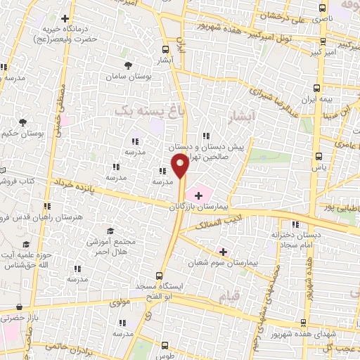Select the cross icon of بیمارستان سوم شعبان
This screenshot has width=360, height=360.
coord(224,252)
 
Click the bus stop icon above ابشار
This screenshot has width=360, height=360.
coord(165,49)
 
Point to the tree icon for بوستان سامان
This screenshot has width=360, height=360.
coord(127,65)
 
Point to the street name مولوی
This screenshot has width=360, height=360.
coord(101,303)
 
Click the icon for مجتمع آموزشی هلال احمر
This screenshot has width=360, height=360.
coord(110,230)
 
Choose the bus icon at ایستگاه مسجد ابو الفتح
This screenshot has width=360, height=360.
coord(160,276)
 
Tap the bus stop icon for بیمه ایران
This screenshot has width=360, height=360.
coord(318,89)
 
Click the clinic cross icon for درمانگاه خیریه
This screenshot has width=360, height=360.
coord(65,18)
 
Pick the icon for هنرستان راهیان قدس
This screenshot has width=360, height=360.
coord(48,207)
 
